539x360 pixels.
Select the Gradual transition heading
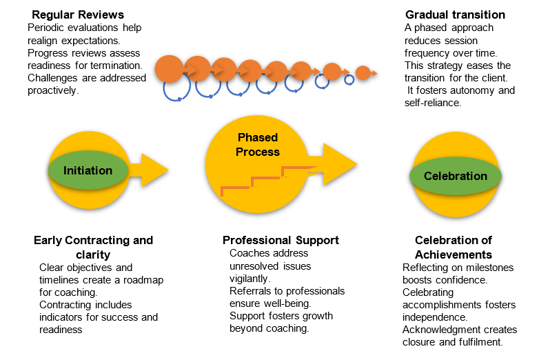(x=454, y=14)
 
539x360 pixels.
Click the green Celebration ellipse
(x=455, y=176)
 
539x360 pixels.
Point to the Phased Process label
(x=258, y=144)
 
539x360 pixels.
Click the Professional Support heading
(x=281, y=240)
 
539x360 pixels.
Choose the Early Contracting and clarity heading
(x=93, y=246)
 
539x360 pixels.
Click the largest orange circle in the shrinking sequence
(x=169, y=68)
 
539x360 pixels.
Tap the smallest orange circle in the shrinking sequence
(x=363, y=72)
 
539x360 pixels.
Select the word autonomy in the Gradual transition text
(x=477, y=90)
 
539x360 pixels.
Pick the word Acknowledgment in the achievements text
(x=437, y=330)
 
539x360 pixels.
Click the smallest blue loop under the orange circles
(x=349, y=80)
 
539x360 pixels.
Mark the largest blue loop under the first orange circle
(x=177, y=90)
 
